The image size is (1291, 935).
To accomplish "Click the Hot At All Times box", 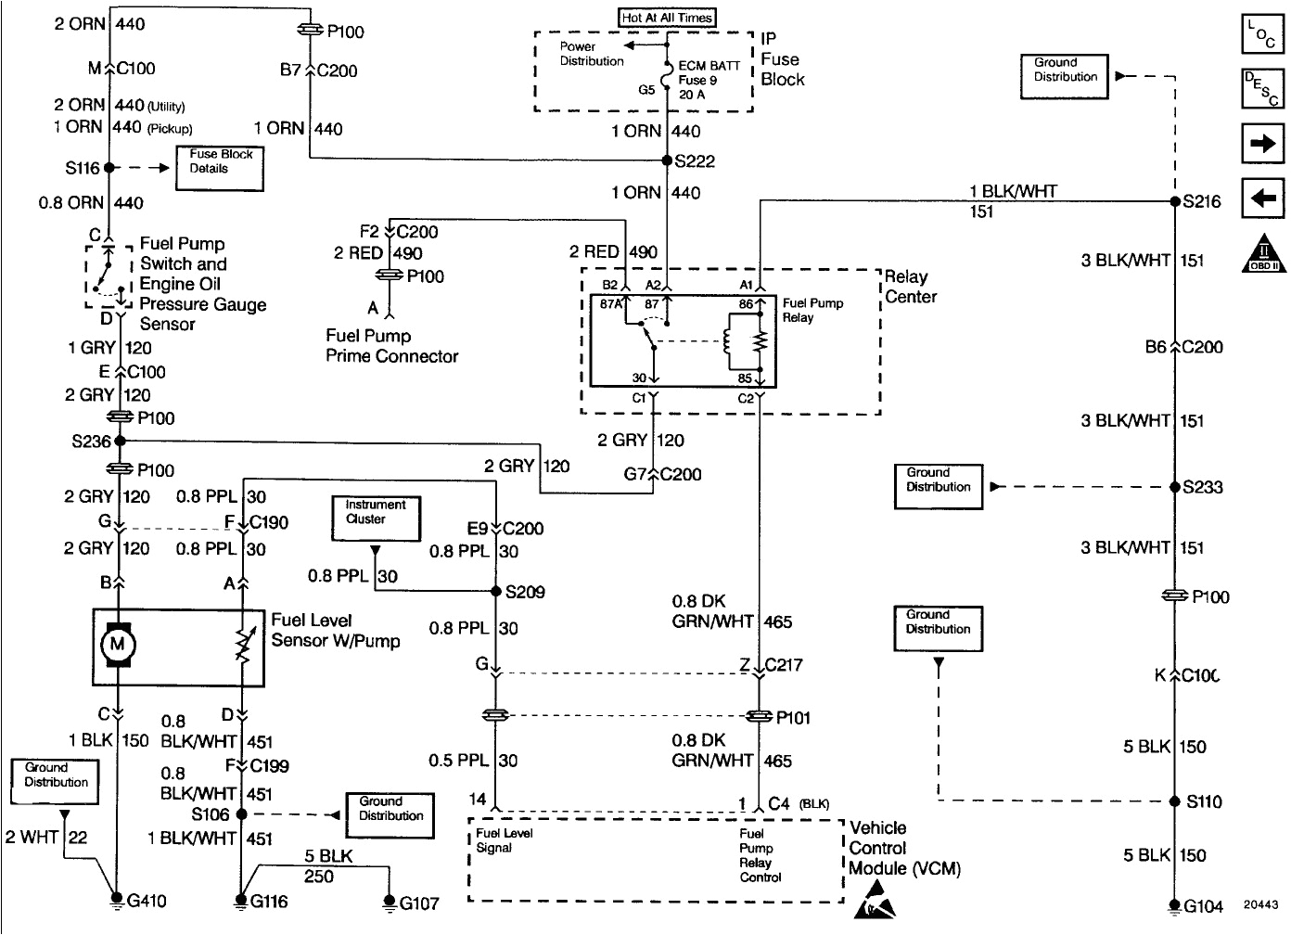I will point(667,18).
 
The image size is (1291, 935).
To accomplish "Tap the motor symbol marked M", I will point(118,645).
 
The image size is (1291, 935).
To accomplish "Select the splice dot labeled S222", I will point(667,160).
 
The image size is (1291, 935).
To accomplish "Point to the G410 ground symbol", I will point(117,899).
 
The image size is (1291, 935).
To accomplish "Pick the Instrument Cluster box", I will point(376,518).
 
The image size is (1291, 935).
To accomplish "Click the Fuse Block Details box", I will point(220,168).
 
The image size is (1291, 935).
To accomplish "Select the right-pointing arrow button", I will point(1262,144).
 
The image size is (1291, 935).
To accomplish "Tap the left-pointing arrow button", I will point(1262,198).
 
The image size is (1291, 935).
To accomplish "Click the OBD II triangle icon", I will point(1263,253).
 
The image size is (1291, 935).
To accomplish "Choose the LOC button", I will point(1262,34).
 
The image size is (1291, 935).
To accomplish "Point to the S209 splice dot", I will point(496,591).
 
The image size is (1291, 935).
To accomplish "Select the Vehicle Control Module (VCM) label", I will point(904,848).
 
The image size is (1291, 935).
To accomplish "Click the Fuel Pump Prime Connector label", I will point(391,346).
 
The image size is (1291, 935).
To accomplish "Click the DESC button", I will point(1262,89).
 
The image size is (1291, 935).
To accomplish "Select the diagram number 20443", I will point(1260,905).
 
